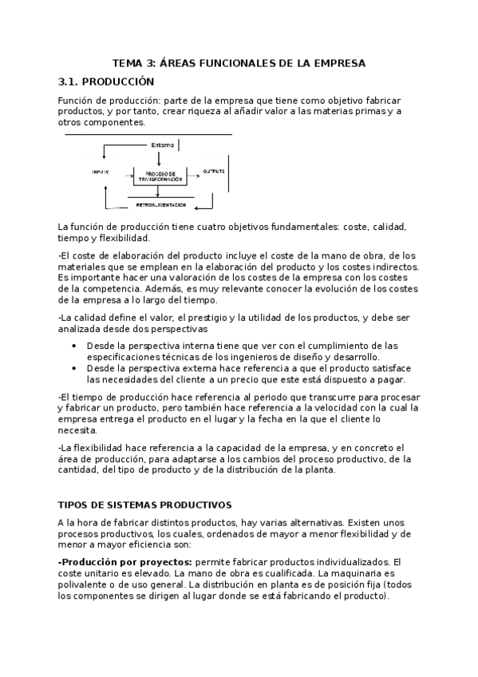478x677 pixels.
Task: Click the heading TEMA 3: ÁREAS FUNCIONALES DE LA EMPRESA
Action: [x=239, y=62]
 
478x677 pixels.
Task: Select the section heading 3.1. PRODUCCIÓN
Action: [x=106, y=81]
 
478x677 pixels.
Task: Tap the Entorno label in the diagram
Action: [x=161, y=145]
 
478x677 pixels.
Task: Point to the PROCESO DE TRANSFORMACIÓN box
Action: [x=158, y=176]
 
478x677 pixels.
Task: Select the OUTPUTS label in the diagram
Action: [x=213, y=172]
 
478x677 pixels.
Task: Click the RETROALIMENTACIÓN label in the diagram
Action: [x=160, y=205]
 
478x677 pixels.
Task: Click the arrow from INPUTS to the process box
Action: [x=120, y=172]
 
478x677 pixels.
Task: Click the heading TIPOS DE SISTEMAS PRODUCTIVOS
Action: [x=144, y=505]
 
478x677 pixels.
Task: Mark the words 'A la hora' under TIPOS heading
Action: [x=76, y=522]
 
